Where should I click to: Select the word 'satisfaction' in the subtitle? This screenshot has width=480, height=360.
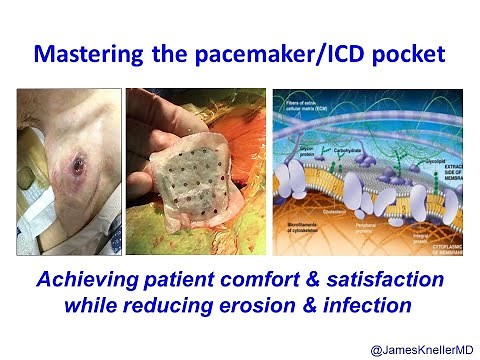click(x=387, y=279)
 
